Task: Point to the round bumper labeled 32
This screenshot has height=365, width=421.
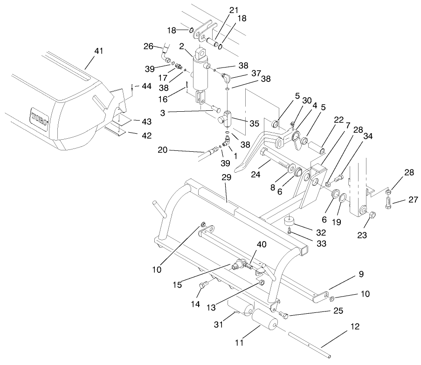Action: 291,220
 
